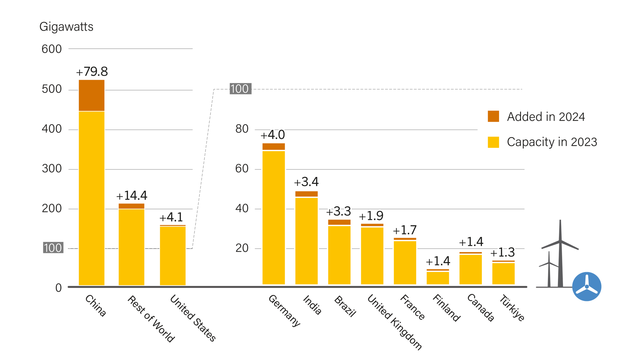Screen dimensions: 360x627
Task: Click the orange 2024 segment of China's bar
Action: (91, 95)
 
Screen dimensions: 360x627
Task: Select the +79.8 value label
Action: (92, 72)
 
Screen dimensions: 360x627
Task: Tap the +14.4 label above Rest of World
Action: (132, 196)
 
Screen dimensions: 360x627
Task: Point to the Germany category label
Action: (284, 310)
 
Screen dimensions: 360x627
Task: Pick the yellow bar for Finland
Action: (438, 278)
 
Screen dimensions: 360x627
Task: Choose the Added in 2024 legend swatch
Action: (493, 116)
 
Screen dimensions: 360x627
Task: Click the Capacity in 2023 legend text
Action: (552, 142)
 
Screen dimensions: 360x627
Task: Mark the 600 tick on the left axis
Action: (52, 49)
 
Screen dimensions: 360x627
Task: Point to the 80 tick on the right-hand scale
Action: (242, 129)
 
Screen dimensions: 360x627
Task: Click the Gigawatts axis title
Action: (66, 27)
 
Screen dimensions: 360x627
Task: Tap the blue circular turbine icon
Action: (587, 286)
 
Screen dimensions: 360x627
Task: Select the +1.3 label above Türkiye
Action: (502, 252)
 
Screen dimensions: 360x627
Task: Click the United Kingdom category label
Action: (394, 322)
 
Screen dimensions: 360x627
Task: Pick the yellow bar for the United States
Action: (173, 255)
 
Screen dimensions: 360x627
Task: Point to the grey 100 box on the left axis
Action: (53, 248)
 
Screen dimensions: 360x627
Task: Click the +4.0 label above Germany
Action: (273, 135)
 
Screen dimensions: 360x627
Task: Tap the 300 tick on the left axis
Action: (52, 169)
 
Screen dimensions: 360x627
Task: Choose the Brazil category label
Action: (345, 306)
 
